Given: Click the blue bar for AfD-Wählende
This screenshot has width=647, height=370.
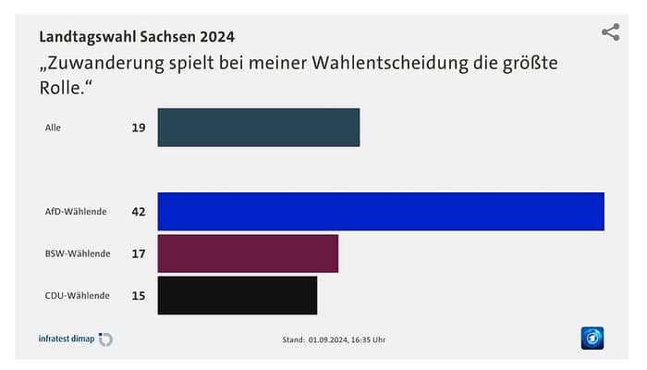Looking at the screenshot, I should [x=381, y=211].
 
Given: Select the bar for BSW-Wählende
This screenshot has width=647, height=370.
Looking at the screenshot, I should [x=248, y=253].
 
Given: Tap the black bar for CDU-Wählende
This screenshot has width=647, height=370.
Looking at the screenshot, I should [x=238, y=295].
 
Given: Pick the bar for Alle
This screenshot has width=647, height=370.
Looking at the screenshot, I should [x=259, y=128].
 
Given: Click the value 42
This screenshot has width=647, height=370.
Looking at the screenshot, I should [x=139, y=212].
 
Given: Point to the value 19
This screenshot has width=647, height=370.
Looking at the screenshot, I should [x=139, y=128].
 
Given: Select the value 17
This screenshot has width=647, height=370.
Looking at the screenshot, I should [x=139, y=253].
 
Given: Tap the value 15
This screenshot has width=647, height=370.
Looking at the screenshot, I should [x=139, y=296].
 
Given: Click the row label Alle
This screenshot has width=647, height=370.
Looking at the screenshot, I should [x=53, y=128].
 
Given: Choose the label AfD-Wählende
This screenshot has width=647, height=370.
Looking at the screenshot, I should [x=76, y=212].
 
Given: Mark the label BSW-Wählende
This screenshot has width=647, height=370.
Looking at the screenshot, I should [x=78, y=253].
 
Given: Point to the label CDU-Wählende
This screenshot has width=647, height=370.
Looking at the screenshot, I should [x=78, y=296].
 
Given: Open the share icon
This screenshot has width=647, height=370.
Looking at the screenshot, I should [x=610, y=32].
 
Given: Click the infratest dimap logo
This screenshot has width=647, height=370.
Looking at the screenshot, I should [x=75, y=339].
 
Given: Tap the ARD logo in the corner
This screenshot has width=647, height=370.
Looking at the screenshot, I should [x=592, y=339].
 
